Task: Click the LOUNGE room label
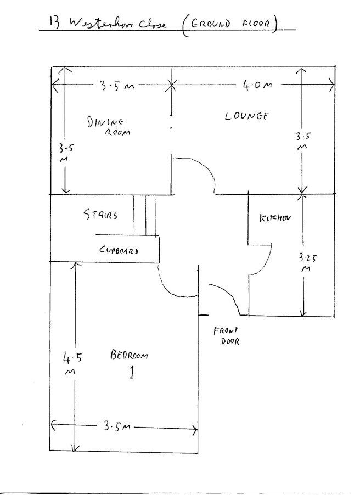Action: pos(246,116)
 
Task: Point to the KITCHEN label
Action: pos(274,218)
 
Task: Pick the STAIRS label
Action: pos(100,215)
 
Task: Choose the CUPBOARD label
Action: pos(119,250)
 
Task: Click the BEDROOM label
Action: pos(129,355)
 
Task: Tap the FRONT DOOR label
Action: pos(227,335)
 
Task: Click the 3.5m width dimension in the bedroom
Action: pos(116,426)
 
